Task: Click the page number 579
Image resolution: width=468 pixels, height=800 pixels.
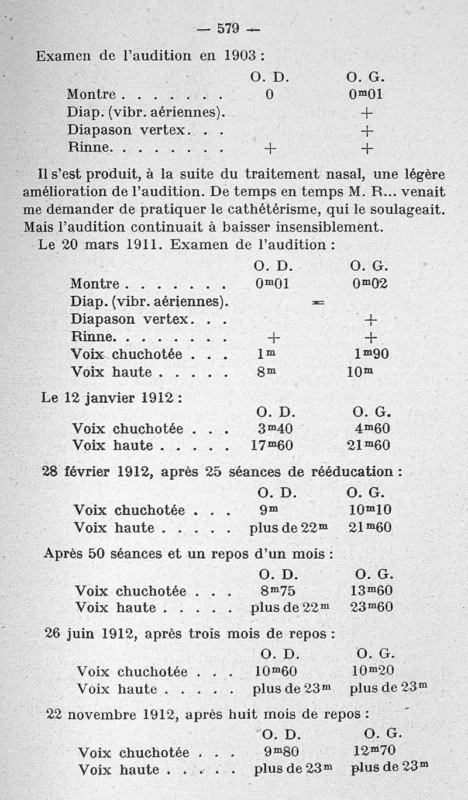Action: click(x=229, y=29)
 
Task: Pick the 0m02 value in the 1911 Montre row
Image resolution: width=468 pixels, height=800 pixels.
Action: click(x=371, y=284)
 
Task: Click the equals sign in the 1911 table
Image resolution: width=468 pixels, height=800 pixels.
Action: click(x=318, y=303)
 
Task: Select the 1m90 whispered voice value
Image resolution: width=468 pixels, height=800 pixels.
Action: click(x=371, y=354)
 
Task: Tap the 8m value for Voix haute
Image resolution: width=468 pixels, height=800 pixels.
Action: click(x=266, y=372)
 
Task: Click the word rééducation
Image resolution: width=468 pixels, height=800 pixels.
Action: click(x=357, y=472)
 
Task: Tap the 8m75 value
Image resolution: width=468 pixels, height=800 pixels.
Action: click(x=278, y=591)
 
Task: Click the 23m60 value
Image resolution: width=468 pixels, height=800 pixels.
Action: click(x=371, y=608)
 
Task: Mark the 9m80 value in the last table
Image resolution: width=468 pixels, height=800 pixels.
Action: click(x=281, y=753)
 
